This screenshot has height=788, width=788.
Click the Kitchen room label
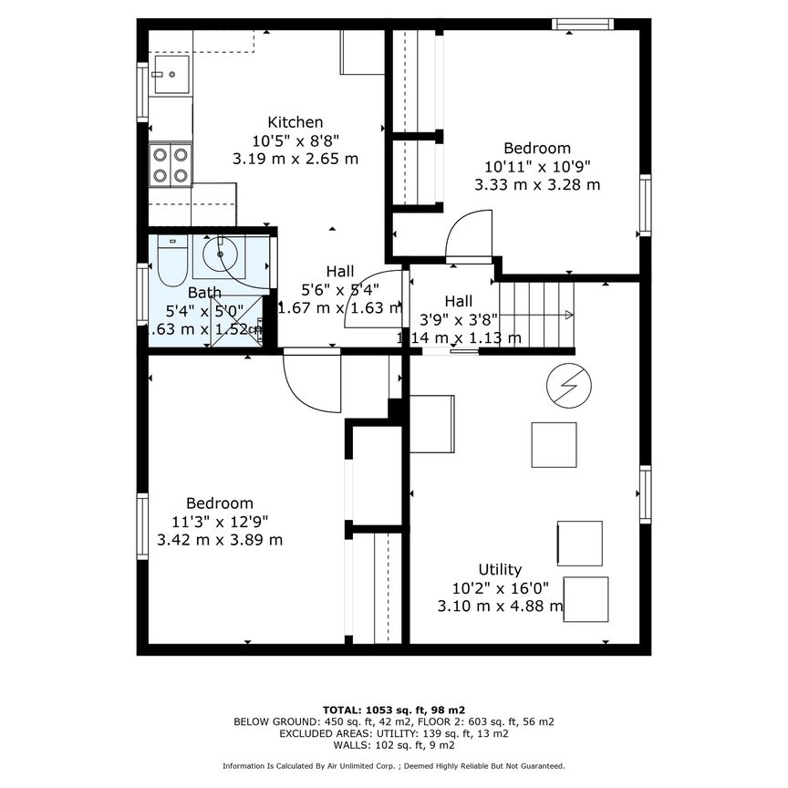click(x=295, y=122)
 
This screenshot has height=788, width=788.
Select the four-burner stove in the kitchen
click(x=171, y=165)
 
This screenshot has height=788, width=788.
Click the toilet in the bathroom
click(x=171, y=261)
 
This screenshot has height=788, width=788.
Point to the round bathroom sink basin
click(x=220, y=254)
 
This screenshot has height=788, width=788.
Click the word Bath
click(x=204, y=293)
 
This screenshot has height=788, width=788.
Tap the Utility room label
click(x=501, y=570)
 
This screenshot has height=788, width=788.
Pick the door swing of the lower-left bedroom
click(x=311, y=381)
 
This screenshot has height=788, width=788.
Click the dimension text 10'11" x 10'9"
click(x=537, y=166)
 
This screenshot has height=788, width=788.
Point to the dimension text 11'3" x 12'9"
click(x=220, y=522)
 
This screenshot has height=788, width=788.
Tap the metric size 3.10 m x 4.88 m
click(x=501, y=607)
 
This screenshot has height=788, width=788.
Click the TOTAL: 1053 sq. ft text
click(x=394, y=709)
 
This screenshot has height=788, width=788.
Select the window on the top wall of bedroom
click(x=582, y=25)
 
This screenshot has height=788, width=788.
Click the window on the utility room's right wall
click(x=645, y=494)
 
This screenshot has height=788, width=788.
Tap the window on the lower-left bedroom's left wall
click(x=142, y=525)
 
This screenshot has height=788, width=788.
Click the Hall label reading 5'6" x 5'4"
click(x=340, y=289)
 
